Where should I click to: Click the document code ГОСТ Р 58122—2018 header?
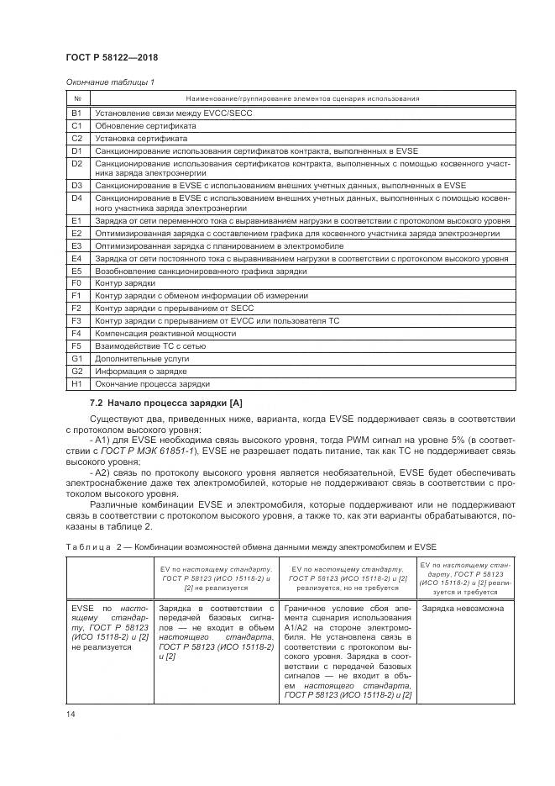pyautogui.click(x=111, y=58)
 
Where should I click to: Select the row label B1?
pyautogui.click(x=76, y=112)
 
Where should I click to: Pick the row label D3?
pyautogui.click(x=76, y=184)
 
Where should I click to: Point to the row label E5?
pyautogui.click(x=76, y=272)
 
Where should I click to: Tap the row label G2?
pyautogui.click(x=76, y=370)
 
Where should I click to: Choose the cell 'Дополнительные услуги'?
pyautogui.click(x=138, y=358)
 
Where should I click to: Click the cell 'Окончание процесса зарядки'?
pyautogui.click(x=152, y=382)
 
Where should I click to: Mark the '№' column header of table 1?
pyautogui.click(x=76, y=98)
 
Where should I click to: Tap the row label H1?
pyautogui.click(x=76, y=382)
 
